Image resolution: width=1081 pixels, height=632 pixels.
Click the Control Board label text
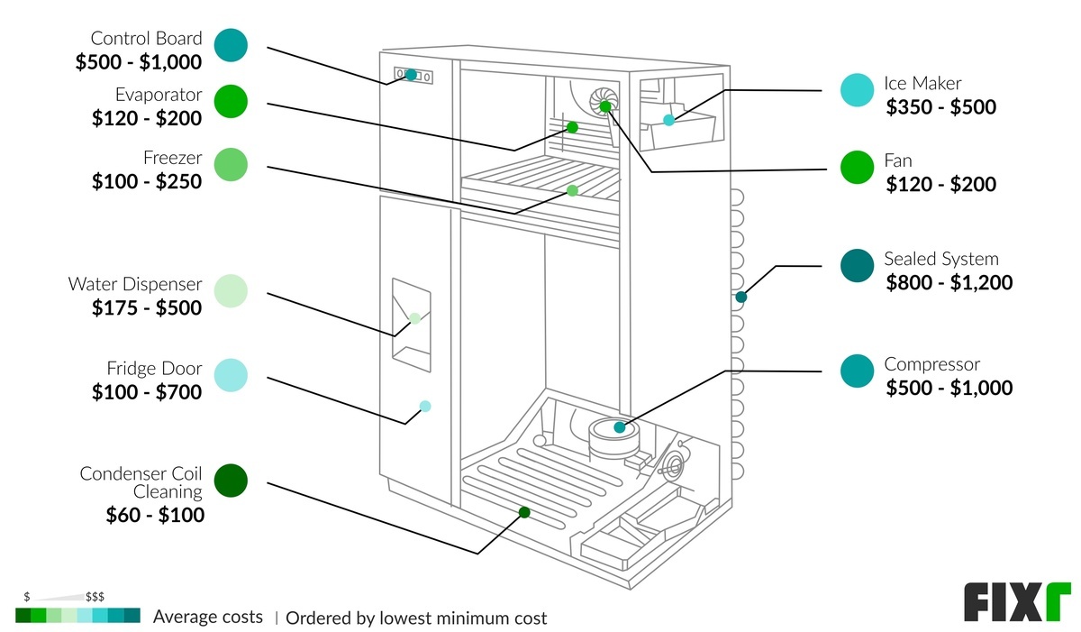click(x=146, y=39)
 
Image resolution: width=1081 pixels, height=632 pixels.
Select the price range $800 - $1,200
click(x=949, y=283)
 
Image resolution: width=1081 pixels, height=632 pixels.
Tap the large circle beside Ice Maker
click(x=857, y=90)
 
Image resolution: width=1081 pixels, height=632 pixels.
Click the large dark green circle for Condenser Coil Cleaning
click(x=232, y=481)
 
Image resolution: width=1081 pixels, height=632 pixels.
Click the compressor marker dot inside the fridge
click(x=620, y=427)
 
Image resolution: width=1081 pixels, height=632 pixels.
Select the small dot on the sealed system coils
click(x=741, y=297)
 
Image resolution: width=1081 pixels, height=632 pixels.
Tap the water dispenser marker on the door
click(x=415, y=318)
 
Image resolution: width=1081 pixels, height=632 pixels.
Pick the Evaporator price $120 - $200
click(x=146, y=118)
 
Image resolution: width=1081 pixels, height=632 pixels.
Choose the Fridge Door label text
click(x=154, y=369)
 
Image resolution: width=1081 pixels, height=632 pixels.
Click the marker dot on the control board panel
click(x=411, y=75)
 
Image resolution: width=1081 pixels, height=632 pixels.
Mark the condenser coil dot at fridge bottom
click(x=524, y=512)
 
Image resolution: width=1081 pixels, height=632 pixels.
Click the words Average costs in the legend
click(x=208, y=618)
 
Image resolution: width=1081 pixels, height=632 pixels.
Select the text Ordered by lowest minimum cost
click(x=416, y=618)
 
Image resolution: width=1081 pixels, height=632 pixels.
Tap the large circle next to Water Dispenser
click(x=232, y=291)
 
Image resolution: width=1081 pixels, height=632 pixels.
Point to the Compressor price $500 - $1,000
click(x=949, y=389)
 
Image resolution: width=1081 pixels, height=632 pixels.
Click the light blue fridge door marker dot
click(x=425, y=407)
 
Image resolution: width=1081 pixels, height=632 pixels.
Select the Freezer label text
click(x=172, y=158)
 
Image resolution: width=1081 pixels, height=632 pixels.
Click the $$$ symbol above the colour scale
click(x=95, y=598)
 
